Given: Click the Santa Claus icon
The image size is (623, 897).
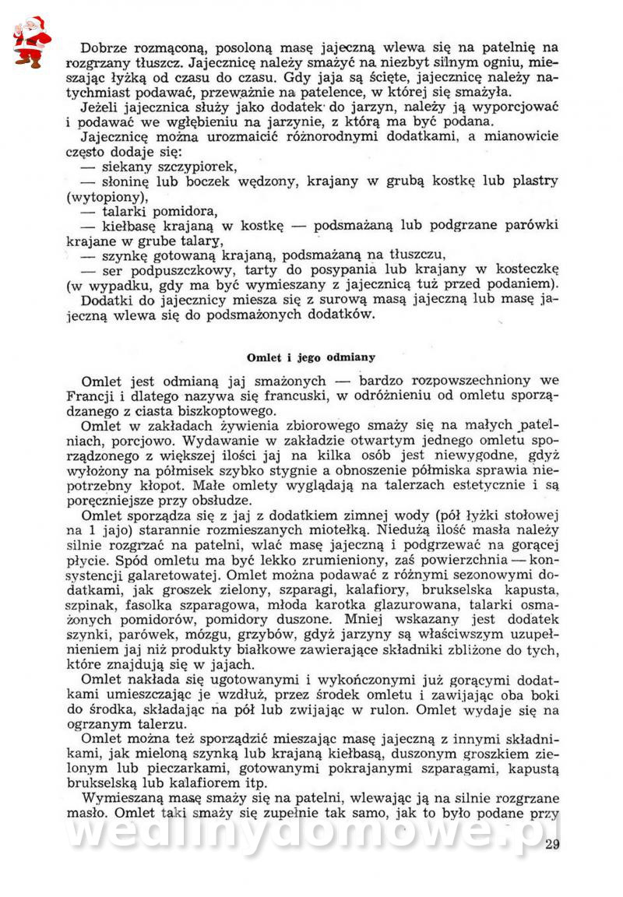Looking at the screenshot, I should [31, 41].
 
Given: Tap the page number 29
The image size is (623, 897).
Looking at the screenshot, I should [553, 846].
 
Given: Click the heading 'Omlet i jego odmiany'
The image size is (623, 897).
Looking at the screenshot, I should [311, 357].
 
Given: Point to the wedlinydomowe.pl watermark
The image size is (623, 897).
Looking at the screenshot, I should [311, 834].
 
